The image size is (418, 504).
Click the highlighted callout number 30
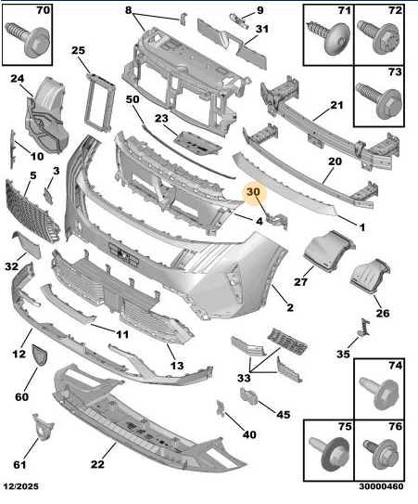252,192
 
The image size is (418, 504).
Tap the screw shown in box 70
27,38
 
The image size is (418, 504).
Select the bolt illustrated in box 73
379,101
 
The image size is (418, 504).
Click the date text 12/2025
21,486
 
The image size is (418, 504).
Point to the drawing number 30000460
381,486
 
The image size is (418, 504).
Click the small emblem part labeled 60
39,355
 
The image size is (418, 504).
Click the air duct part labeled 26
370,277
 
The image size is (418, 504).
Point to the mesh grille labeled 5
32,210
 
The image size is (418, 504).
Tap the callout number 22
97,464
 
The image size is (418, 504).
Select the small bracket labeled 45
248,395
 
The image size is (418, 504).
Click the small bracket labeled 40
221,409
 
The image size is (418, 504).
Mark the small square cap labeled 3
48,196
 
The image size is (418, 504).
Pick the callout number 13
177,365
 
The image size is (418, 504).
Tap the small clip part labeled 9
239,20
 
